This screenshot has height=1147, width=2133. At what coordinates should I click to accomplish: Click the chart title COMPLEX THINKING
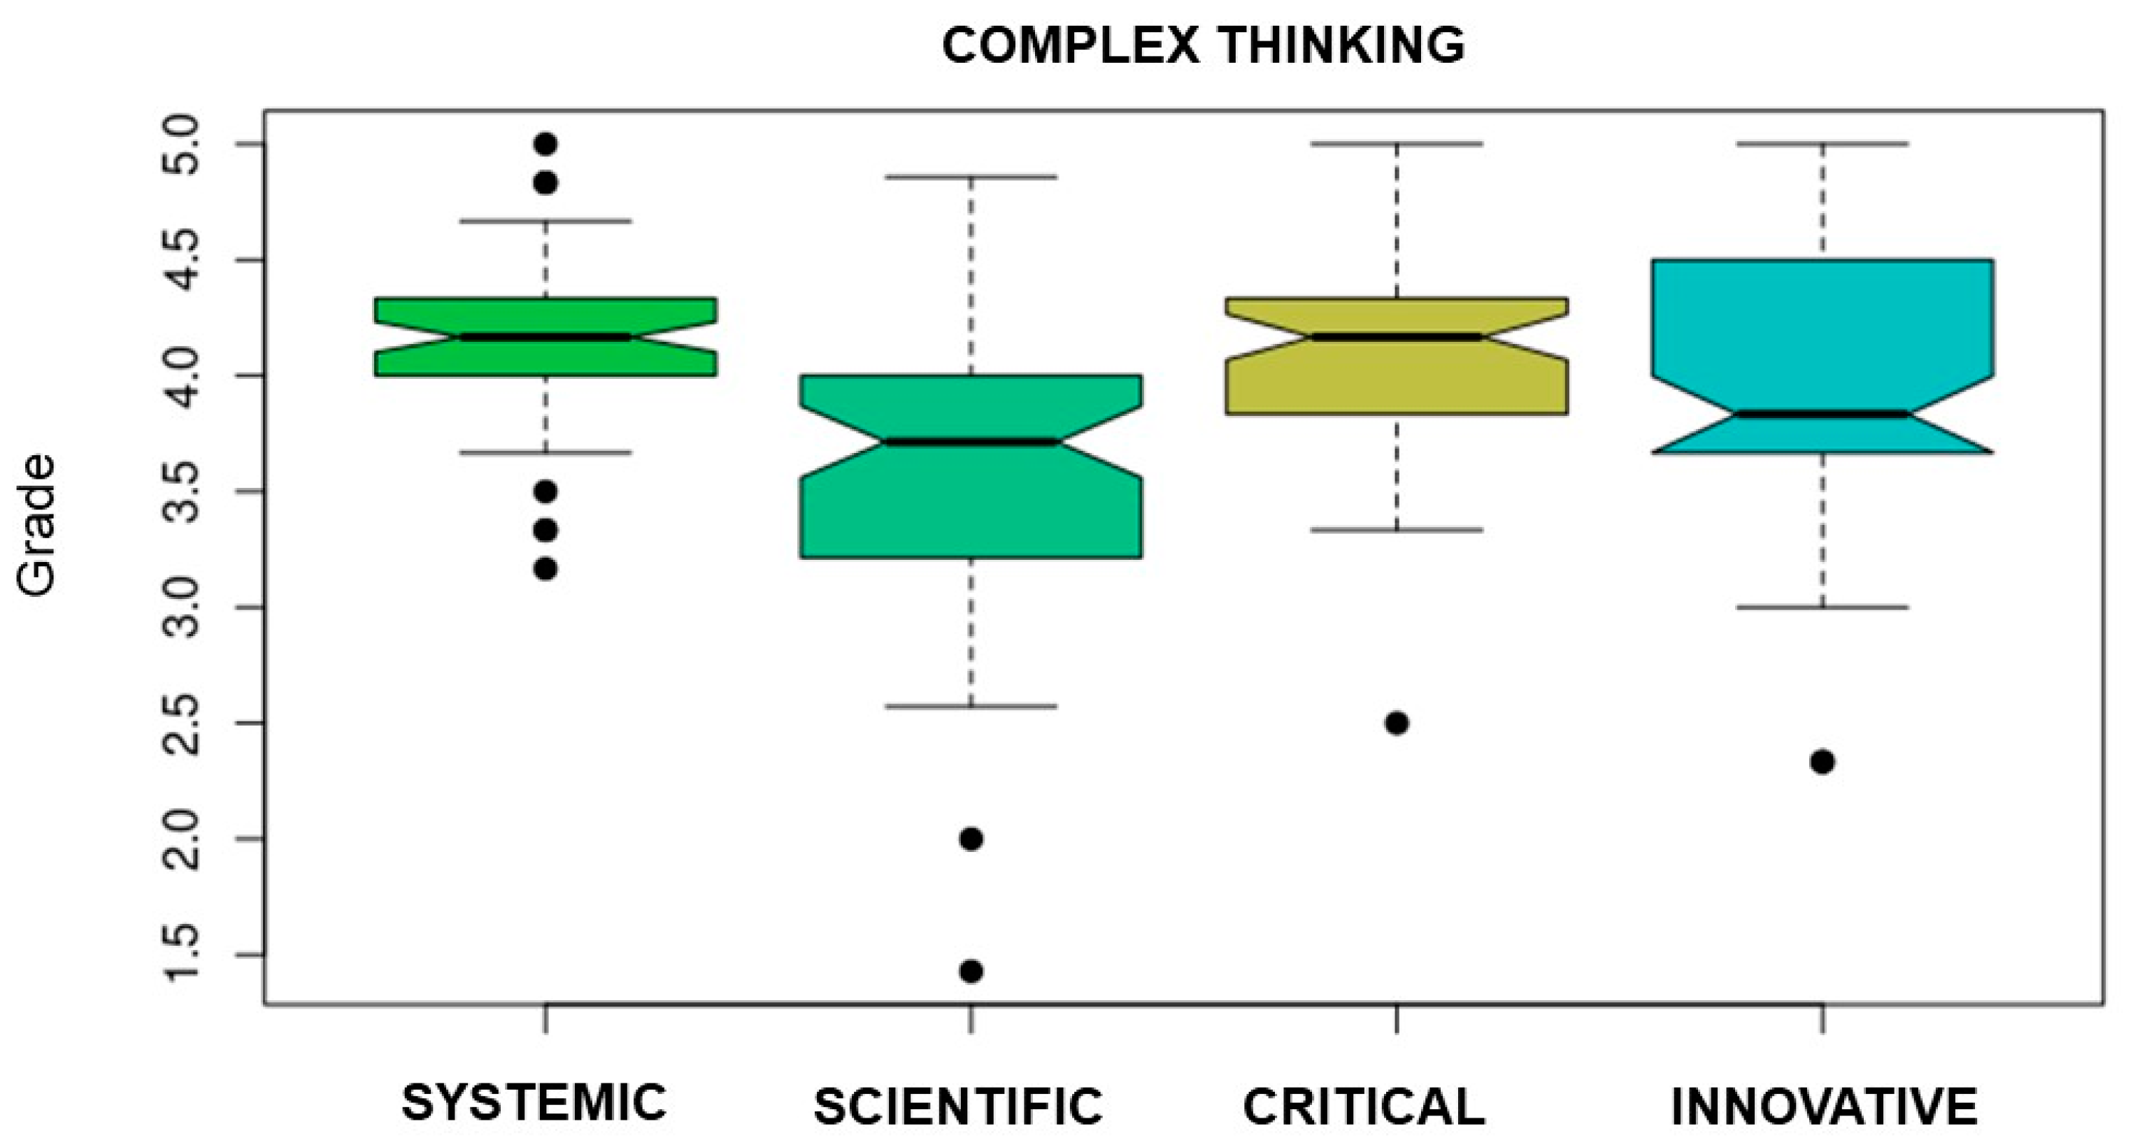click(x=1202, y=45)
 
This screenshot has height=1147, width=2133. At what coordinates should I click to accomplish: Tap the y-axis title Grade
click(x=37, y=525)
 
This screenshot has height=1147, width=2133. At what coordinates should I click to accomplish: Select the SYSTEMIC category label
click(x=534, y=1102)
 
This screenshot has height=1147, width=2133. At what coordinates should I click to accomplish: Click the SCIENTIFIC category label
click(x=959, y=1106)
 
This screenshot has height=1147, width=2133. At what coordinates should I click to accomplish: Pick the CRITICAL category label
click(x=1364, y=1106)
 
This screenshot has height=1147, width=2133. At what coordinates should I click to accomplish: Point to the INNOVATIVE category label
click(x=1824, y=1106)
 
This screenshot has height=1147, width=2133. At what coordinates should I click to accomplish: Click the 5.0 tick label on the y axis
click(x=180, y=145)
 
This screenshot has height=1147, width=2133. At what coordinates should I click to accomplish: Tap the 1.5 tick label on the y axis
click(x=180, y=955)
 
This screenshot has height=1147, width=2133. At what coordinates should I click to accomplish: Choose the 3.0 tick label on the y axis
click(x=180, y=607)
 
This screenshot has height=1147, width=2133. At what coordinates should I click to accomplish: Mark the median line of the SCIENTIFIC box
click(x=971, y=441)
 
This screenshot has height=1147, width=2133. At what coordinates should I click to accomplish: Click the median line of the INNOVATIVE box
click(x=1822, y=414)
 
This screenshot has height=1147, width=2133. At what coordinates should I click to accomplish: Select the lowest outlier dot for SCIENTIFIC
click(x=971, y=971)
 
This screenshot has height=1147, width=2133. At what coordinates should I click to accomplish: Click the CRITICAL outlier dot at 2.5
click(x=1397, y=723)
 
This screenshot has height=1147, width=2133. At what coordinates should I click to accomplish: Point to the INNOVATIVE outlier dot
click(x=1822, y=762)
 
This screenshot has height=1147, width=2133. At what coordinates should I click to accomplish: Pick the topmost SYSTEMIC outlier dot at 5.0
click(x=545, y=144)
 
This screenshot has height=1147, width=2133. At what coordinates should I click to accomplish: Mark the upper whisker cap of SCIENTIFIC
click(x=971, y=177)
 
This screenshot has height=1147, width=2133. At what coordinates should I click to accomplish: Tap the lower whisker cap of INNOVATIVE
click(x=1822, y=607)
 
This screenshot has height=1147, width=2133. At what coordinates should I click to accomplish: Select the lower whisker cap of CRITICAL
click(x=1397, y=530)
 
